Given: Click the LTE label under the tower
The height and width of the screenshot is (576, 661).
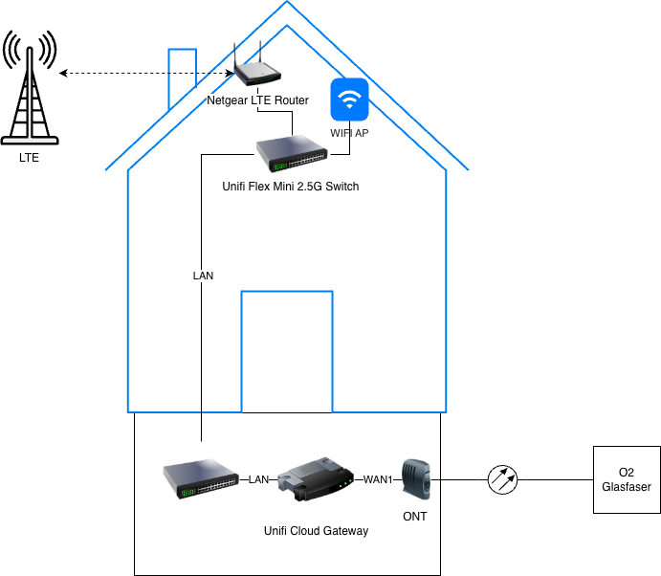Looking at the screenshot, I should tap(30, 158).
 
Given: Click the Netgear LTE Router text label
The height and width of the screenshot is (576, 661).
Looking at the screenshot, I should tap(257, 100).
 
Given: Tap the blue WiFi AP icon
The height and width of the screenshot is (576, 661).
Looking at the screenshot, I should tap(349, 99).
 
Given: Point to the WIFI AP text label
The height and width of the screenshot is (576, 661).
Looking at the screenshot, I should tap(349, 133).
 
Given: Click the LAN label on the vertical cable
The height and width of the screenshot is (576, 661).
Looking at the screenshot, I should tap(203, 276).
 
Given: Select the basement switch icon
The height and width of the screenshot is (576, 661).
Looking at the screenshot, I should tap(201, 478).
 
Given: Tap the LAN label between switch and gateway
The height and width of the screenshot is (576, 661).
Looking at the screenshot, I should tap(258, 478).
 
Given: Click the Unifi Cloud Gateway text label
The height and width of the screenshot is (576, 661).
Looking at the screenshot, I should tap(316, 530).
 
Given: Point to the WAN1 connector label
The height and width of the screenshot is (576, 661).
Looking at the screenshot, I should tap(378, 478).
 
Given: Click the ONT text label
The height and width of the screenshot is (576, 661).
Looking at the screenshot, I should tap(415, 516).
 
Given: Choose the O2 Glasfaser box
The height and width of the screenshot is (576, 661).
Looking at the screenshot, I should tap(627, 479).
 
